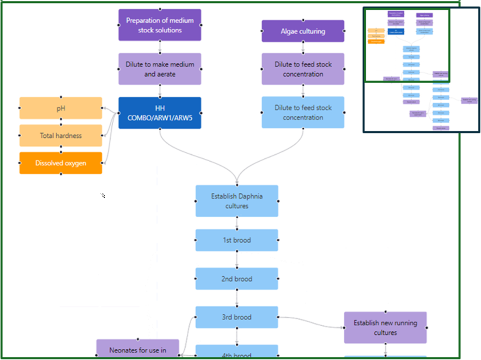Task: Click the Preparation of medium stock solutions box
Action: click(x=160, y=25)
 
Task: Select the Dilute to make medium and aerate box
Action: click(x=160, y=69)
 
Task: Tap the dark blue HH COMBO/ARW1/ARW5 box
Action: click(x=160, y=113)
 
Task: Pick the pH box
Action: click(x=61, y=108)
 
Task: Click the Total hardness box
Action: click(x=61, y=135)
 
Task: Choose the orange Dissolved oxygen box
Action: click(x=61, y=163)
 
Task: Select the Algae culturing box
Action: click(x=303, y=31)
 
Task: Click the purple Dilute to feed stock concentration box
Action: click(x=303, y=69)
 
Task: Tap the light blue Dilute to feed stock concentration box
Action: click(x=303, y=112)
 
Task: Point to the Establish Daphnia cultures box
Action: click(x=237, y=201)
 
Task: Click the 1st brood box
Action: click(x=237, y=240)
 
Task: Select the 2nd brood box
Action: click(x=237, y=279)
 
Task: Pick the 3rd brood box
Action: click(x=237, y=317)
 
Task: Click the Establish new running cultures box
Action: click(x=385, y=328)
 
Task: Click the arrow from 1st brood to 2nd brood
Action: click(x=237, y=259)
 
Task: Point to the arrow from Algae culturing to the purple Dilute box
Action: click(x=303, y=47)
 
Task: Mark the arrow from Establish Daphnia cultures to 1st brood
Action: click(x=237, y=223)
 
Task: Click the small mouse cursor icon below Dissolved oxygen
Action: click(x=103, y=196)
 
